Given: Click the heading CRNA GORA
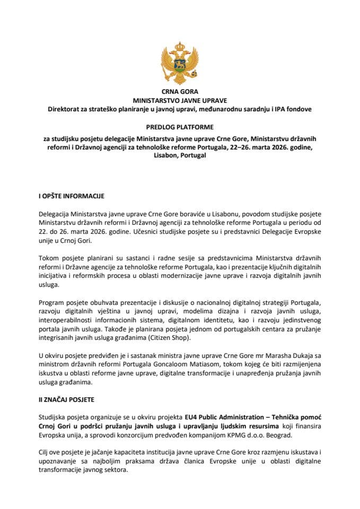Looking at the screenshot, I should [180, 92].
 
